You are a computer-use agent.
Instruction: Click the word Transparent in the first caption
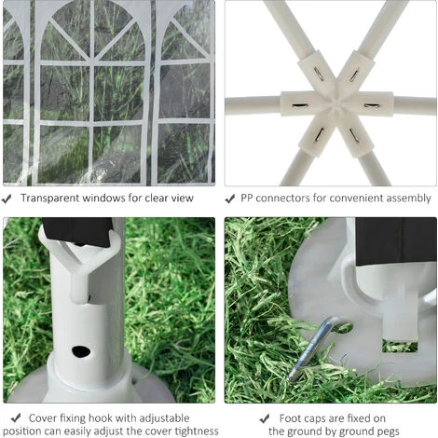click(x=49, y=198)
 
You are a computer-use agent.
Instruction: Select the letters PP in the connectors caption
click(x=247, y=198)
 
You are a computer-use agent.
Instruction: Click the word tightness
click(x=197, y=431)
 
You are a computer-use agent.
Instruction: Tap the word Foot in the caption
click(x=289, y=418)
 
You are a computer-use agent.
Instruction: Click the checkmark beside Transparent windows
click(x=7, y=198)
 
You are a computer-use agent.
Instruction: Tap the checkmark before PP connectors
click(x=230, y=198)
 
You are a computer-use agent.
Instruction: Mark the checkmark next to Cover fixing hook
click(x=16, y=417)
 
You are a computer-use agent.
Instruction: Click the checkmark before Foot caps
click(x=265, y=418)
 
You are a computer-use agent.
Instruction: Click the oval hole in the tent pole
click(x=81, y=351)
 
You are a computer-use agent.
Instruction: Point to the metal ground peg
click(x=314, y=347)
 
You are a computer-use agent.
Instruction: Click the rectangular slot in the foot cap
click(x=400, y=347)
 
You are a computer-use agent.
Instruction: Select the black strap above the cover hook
click(x=77, y=231)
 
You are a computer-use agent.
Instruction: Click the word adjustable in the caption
click(x=164, y=418)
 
